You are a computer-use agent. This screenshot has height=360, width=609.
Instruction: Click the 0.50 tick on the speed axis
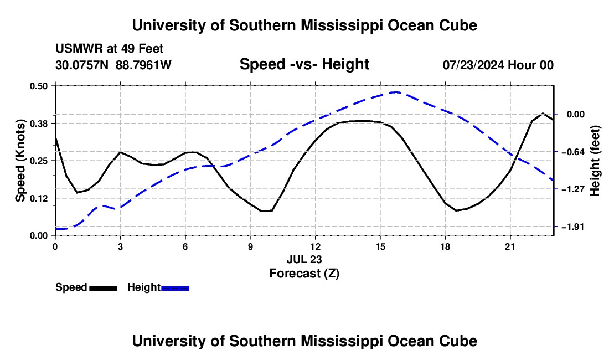pos(38,86)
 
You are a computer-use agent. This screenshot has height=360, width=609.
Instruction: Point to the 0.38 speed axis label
pos(38,124)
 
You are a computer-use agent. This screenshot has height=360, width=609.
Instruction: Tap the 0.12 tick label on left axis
pos(38,198)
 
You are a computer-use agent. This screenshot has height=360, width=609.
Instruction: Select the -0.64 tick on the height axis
pos(573,152)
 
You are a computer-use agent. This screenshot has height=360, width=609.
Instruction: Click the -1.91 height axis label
pos(573,227)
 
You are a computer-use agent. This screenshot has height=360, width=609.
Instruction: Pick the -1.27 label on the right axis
pos(573,189)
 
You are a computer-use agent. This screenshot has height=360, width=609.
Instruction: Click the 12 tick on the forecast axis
pos(315,246)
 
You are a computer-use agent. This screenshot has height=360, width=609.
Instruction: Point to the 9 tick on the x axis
pos(250,246)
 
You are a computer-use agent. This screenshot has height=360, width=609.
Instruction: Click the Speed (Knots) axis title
pos(20,161)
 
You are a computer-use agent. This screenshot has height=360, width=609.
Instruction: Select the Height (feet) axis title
pos(595,161)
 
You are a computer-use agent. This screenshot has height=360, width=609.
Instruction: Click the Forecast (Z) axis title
pos(304,274)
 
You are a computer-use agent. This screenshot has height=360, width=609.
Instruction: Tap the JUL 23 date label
pos(304,259)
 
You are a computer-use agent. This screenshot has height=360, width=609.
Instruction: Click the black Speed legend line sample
pos(104,289)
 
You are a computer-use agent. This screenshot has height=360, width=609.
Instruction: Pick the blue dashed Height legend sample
pos(175,289)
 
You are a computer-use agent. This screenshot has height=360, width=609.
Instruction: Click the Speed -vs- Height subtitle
pos(304,64)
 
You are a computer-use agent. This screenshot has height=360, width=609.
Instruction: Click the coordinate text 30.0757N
pos(82,65)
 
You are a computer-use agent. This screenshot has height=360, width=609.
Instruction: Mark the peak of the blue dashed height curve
pos(395,92)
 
